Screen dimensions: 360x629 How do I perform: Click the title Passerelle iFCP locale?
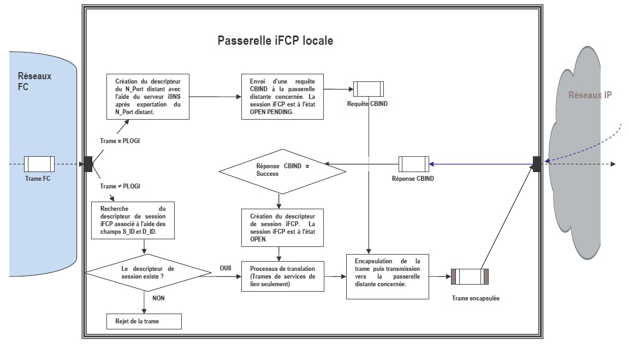click(275, 41)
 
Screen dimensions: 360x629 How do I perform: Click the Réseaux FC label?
click(34, 81)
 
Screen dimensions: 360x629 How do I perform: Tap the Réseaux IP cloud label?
click(590, 95)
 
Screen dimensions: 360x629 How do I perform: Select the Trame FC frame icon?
click(39, 164)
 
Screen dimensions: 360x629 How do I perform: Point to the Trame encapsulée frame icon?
click(469, 276)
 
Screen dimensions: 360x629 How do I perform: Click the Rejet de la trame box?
click(144, 321)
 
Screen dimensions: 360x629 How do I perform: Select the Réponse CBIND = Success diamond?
click(282, 170)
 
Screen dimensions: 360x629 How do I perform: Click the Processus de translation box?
click(282, 276)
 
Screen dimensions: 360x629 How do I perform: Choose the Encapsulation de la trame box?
click(387, 276)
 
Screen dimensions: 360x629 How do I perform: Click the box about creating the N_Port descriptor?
click(147, 97)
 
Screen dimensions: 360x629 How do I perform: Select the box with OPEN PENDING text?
click(282, 97)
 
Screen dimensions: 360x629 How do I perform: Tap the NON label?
click(158, 298)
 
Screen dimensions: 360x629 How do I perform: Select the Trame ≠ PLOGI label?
click(120, 186)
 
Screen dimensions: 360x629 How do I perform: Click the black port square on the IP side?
click(537, 164)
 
